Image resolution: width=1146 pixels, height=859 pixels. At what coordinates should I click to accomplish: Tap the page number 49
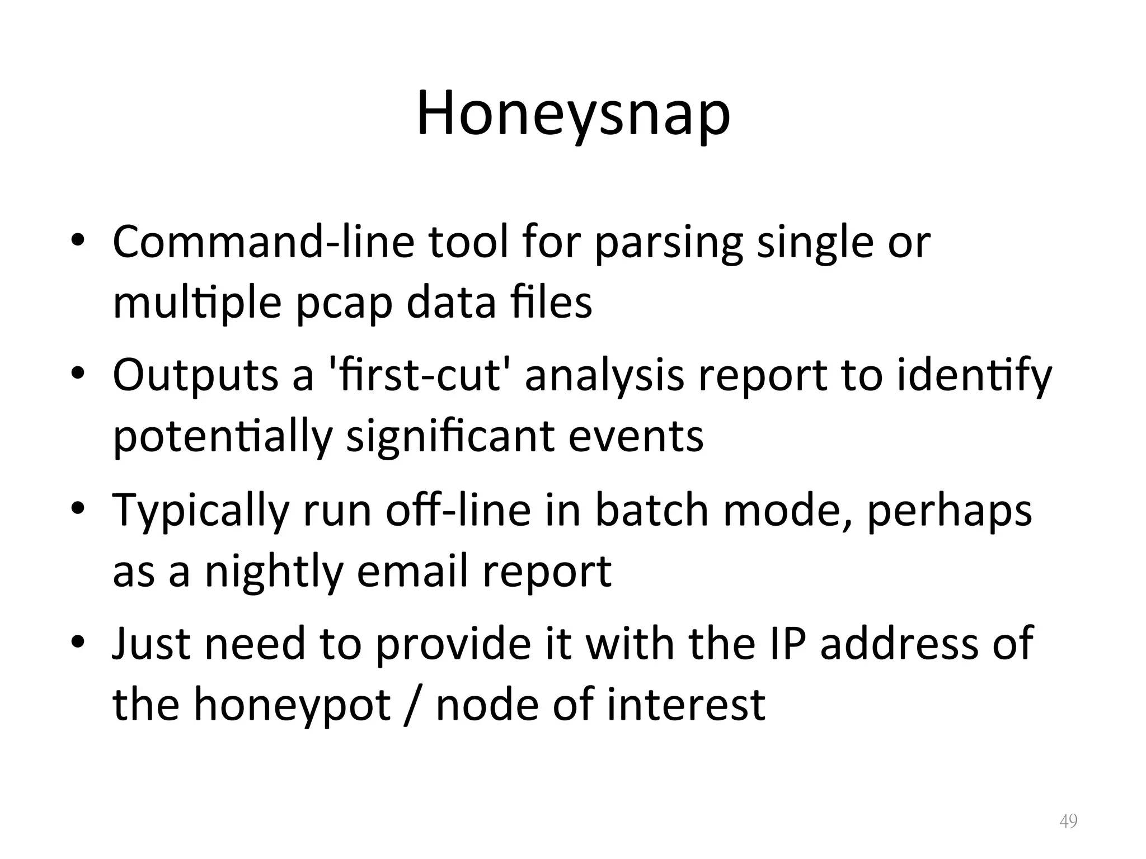[x=1068, y=821]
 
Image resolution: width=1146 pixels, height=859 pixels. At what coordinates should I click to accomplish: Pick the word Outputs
[x=195, y=375]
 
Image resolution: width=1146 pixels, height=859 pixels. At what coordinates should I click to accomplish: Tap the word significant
[x=450, y=436]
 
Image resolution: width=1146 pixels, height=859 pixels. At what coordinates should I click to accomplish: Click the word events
[x=636, y=436]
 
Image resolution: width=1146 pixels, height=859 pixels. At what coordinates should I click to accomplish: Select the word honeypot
[x=292, y=705]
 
